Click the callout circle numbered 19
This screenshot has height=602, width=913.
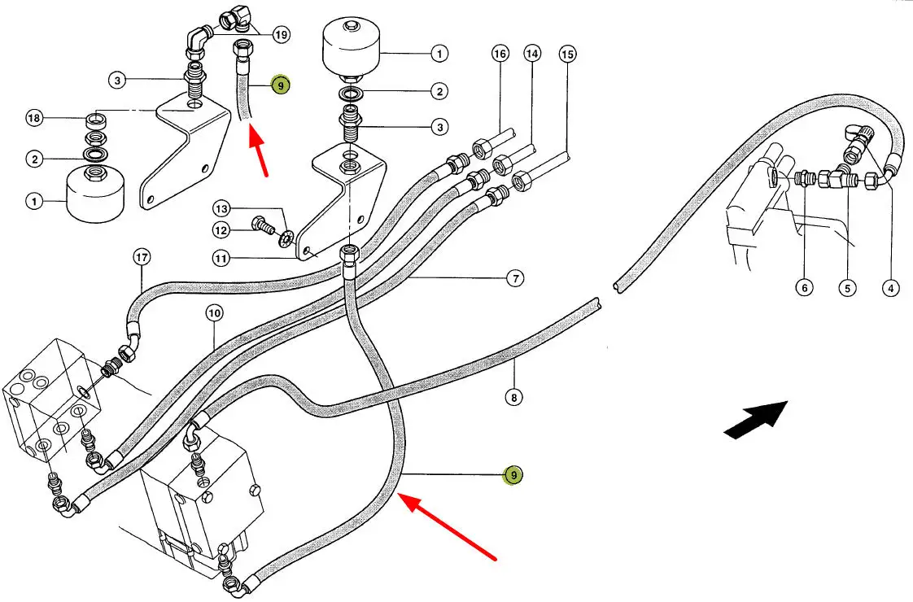coord(282,36)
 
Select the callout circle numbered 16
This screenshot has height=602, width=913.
coord(500,55)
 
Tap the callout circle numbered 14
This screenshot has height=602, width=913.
coord(532,55)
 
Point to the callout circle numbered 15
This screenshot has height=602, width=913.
coord(568,55)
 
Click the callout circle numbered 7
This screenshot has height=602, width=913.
coord(515,278)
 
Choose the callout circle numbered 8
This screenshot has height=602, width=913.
coord(513,398)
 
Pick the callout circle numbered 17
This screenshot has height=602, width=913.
coord(142,257)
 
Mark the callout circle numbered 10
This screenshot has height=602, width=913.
coord(214,313)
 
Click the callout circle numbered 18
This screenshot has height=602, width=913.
coord(34,118)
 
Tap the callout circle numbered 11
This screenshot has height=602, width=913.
coord(221,258)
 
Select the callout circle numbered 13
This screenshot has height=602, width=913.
coord(221,208)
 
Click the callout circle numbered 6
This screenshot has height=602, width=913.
coord(804,288)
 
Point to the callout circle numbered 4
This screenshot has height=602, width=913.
coord(891,288)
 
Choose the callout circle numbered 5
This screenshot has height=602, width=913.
coord(847,288)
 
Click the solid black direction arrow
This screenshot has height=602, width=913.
coord(756,419)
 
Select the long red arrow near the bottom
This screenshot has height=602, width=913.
coord(447,526)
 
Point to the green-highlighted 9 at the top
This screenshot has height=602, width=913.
coord(281,85)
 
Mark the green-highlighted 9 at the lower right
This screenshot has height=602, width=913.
coord(513,475)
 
